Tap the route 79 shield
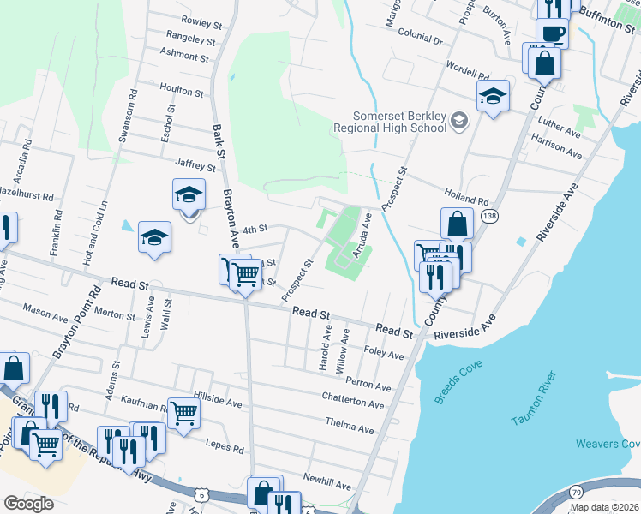point(577,494)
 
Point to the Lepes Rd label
point(225,446)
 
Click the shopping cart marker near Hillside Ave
point(184,413)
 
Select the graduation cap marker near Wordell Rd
point(493,96)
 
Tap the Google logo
point(29,504)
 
